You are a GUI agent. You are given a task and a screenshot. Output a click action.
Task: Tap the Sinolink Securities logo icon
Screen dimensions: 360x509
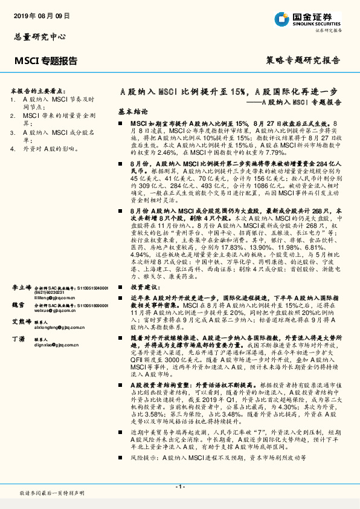[280, 19]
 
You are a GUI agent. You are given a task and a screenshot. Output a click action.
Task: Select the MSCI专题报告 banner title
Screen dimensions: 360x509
[46, 60]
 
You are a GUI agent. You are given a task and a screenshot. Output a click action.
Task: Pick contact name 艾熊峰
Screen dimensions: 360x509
[23, 322]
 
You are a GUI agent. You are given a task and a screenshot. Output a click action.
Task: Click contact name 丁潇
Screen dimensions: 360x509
[19, 340]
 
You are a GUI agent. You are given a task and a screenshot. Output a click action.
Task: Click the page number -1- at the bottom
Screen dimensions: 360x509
[179, 487]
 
